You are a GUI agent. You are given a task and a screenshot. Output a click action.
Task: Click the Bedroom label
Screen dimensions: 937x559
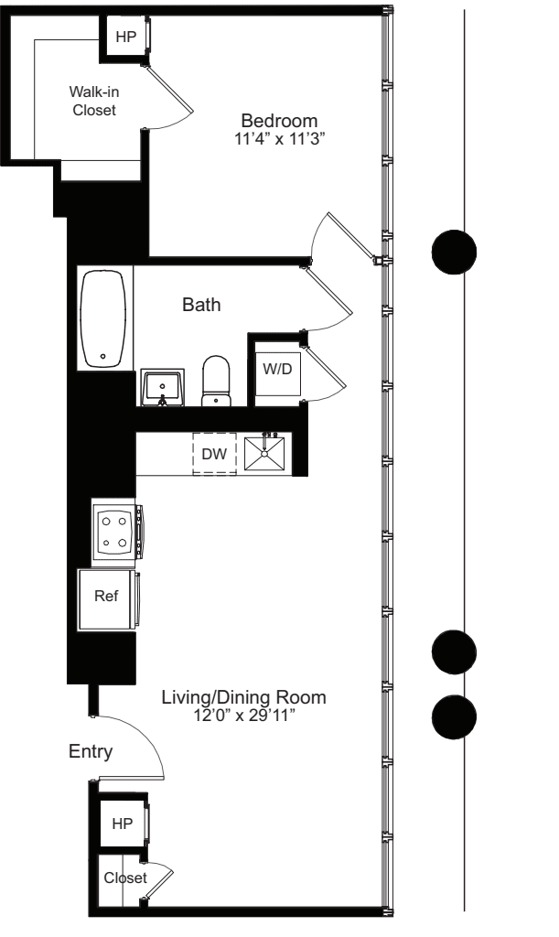(279, 121)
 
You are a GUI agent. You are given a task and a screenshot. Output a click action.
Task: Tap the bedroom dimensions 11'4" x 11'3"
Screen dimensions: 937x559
(279, 139)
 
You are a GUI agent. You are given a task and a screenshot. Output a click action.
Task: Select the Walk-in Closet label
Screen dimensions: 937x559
(94, 101)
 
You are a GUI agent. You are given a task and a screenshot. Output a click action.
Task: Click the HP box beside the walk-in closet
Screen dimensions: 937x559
(124, 38)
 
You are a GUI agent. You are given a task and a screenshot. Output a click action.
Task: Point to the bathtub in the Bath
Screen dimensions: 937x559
(103, 318)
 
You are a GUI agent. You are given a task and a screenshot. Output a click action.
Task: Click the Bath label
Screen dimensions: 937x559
(201, 306)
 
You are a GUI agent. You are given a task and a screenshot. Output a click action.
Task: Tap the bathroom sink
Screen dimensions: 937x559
(164, 387)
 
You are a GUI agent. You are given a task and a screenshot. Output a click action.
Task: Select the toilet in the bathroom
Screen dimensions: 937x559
(217, 381)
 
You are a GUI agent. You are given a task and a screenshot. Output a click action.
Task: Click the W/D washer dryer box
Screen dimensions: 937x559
(278, 368)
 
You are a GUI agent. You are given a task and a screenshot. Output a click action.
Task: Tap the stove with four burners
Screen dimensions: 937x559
(114, 531)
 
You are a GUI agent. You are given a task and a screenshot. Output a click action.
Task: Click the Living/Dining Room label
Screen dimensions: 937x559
(243, 697)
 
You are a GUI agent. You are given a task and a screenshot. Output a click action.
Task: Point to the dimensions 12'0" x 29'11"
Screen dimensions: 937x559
(243, 716)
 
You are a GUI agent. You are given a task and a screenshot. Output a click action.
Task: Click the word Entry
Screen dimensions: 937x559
(91, 752)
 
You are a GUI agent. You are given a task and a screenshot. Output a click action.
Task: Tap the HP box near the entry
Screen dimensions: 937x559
(122, 823)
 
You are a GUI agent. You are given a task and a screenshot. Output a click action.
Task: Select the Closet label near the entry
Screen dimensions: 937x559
(124, 878)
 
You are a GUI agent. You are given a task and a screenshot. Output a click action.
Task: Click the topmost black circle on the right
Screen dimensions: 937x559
(453, 251)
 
